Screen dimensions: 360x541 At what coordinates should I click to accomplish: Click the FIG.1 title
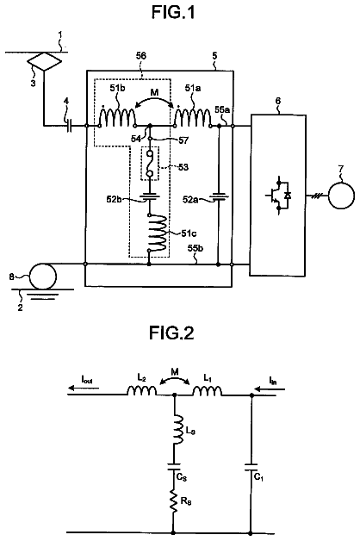click(173, 12)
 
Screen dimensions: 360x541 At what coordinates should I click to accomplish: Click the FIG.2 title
click(171, 333)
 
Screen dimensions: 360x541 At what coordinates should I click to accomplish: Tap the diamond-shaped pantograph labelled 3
click(45, 62)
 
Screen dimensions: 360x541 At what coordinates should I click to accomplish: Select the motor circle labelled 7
click(341, 196)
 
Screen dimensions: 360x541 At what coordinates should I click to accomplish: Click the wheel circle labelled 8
click(43, 276)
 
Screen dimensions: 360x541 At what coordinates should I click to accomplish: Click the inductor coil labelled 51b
click(117, 117)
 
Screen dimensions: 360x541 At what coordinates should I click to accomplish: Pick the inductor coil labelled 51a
click(193, 117)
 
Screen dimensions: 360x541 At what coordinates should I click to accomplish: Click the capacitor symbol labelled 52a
click(218, 197)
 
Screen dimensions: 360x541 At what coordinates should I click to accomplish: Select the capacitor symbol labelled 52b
click(149, 196)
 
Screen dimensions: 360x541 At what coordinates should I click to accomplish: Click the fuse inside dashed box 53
click(149, 164)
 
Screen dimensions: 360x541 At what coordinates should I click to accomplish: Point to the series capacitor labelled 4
click(70, 127)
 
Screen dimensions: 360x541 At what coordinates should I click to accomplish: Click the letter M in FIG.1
click(154, 92)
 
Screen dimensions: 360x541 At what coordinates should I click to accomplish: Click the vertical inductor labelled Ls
click(177, 430)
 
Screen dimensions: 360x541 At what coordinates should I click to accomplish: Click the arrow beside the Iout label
click(84, 389)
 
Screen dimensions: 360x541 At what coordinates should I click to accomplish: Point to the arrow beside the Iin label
click(270, 389)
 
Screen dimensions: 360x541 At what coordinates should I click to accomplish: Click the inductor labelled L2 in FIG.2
click(142, 390)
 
